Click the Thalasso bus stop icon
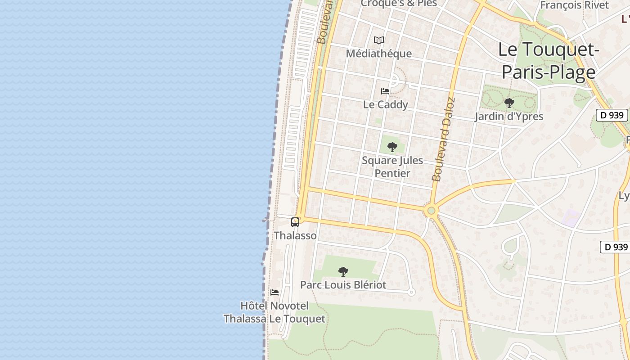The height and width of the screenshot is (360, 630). [x=295, y=222]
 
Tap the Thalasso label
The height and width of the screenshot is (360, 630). [x=295, y=235]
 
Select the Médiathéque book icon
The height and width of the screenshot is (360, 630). [x=379, y=40]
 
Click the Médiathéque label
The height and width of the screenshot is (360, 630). [x=378, y=54]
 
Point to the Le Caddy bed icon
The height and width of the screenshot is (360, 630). [x=385, y=91]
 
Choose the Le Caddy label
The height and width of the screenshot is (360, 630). [x=386, y=105]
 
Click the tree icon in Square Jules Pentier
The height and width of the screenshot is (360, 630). [x=392, y=147]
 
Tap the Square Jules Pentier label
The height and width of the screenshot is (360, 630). [x=392, y=166]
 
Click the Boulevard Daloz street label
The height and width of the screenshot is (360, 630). [x=444, y=139]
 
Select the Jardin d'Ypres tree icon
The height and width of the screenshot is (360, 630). [x=509, y=103]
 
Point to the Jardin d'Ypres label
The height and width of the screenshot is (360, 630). [x=509, y=117]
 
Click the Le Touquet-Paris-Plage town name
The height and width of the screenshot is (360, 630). [x=549, y=61]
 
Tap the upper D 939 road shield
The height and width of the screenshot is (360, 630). [x=612, y=115]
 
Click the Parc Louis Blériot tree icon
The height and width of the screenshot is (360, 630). [x=343, y=271]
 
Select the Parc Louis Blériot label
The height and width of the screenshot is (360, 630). [x=343, y=285]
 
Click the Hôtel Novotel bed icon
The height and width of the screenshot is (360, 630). [x=274, y=292]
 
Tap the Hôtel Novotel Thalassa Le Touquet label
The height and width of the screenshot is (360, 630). [x=274, y=312]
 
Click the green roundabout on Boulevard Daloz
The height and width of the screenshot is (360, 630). [x=432, y=210]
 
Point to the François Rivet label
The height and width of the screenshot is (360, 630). [x=574, y=5]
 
